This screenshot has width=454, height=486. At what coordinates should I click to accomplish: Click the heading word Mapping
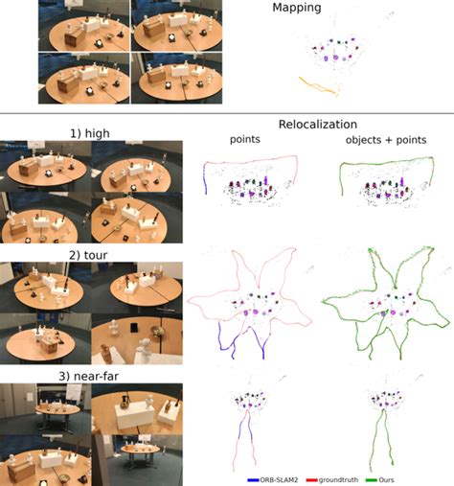pos(323,8)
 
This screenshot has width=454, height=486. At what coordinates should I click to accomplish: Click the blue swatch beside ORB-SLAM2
pos(254,478)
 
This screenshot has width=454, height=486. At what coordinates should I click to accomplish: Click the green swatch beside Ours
pos(388,478)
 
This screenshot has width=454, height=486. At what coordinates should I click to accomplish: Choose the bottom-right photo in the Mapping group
pos(176,77)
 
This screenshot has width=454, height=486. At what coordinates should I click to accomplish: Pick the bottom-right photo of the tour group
pos(136,338)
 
